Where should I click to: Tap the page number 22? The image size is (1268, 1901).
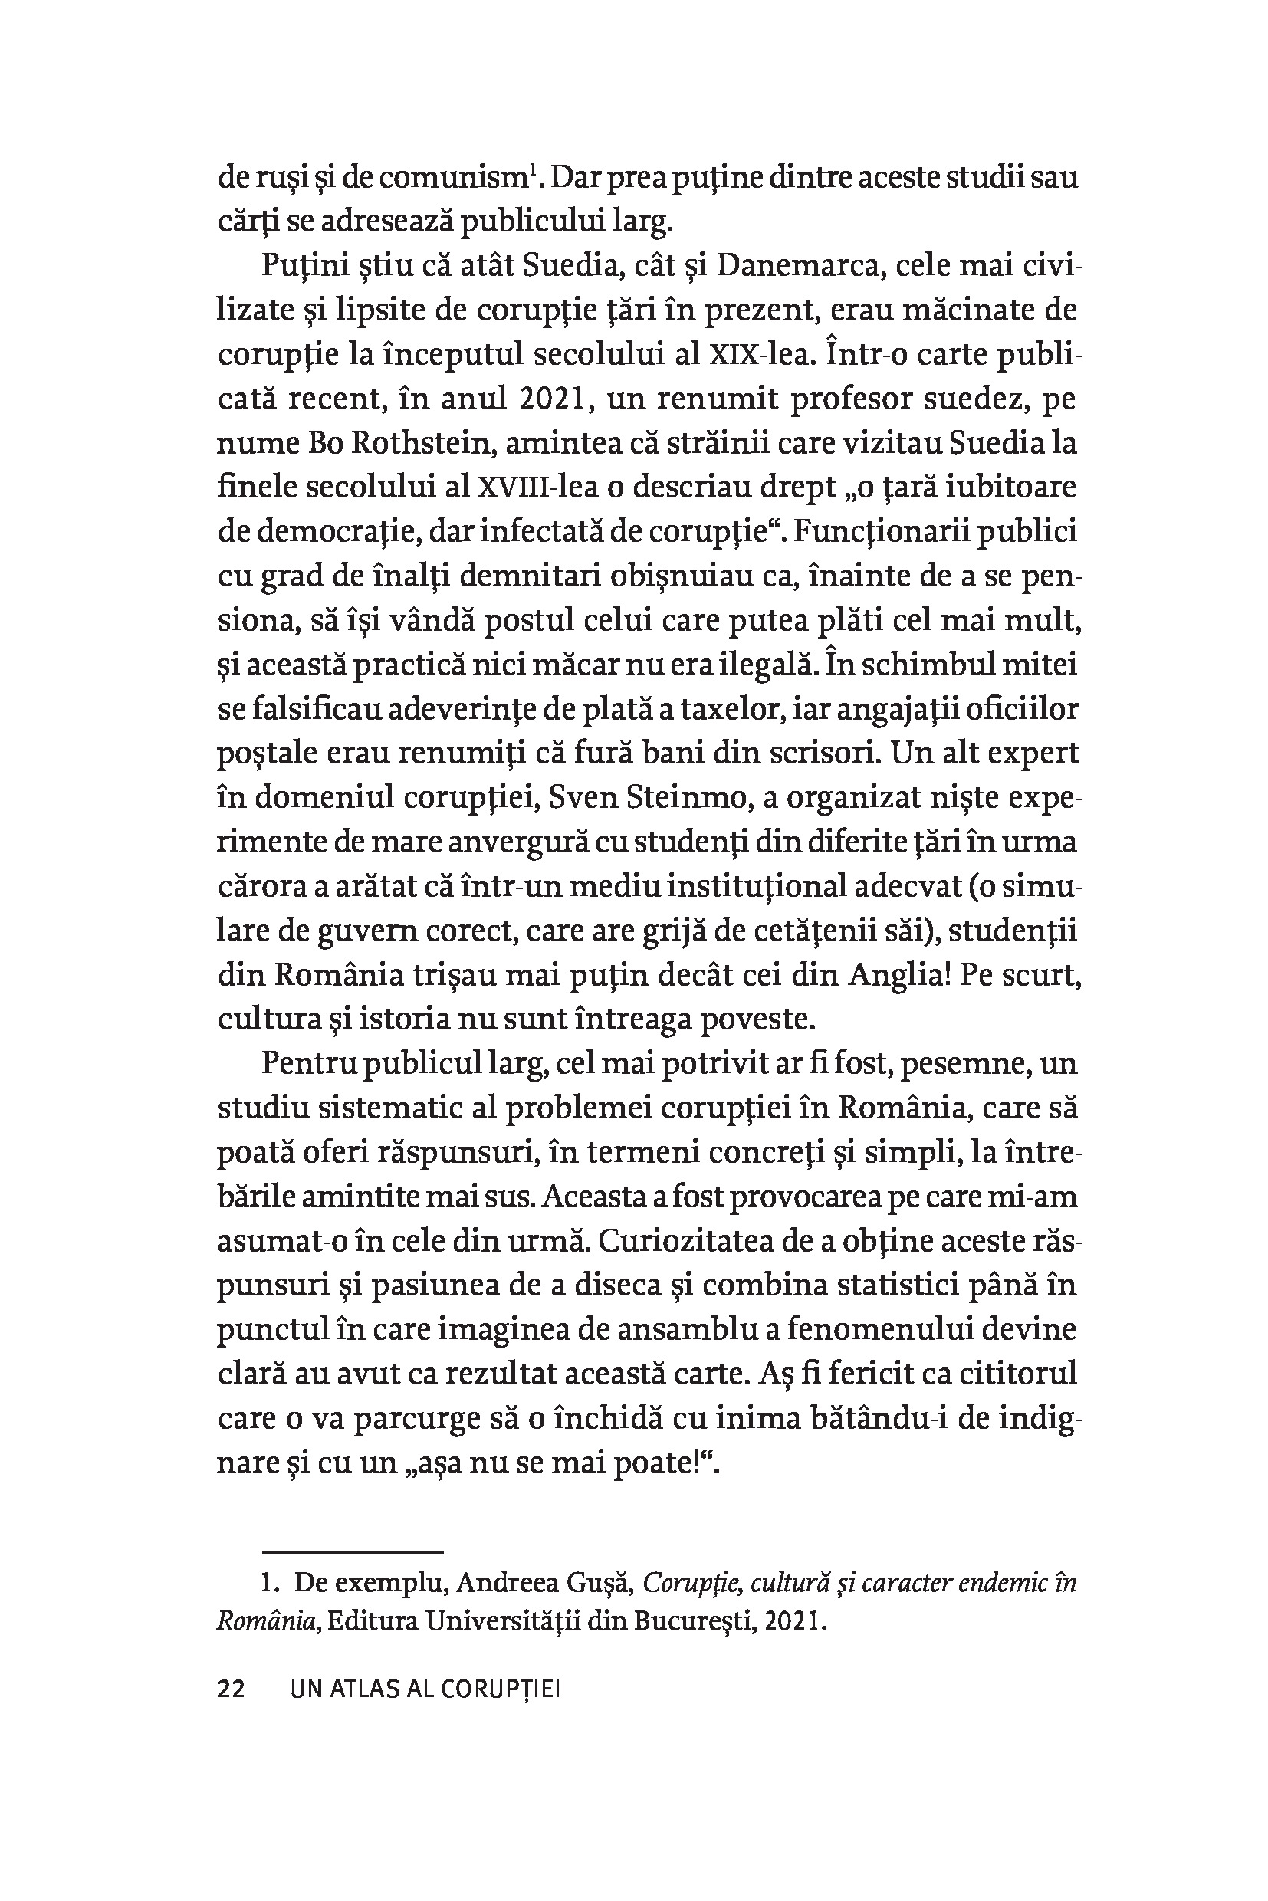tap(232, 1690)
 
